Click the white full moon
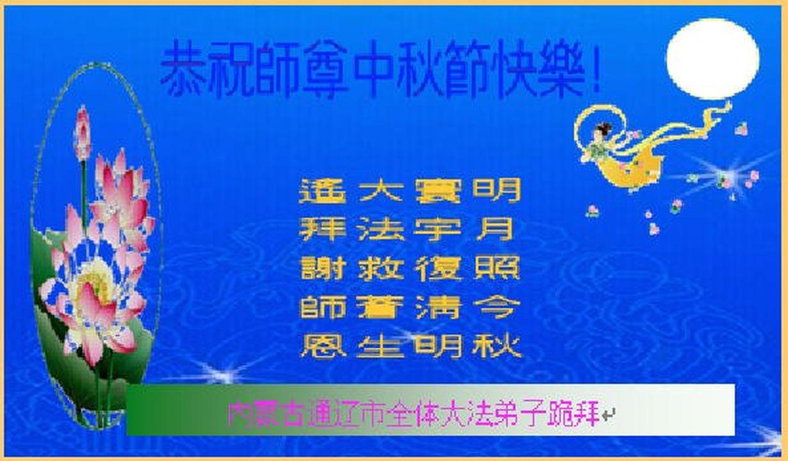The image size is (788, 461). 712,59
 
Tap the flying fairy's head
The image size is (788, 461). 602,131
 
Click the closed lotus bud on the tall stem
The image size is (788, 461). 82,134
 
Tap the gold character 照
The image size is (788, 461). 497,268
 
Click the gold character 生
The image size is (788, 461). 379,347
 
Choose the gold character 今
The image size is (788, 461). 497,307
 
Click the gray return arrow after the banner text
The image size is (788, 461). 608,415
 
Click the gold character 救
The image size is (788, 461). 379,268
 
